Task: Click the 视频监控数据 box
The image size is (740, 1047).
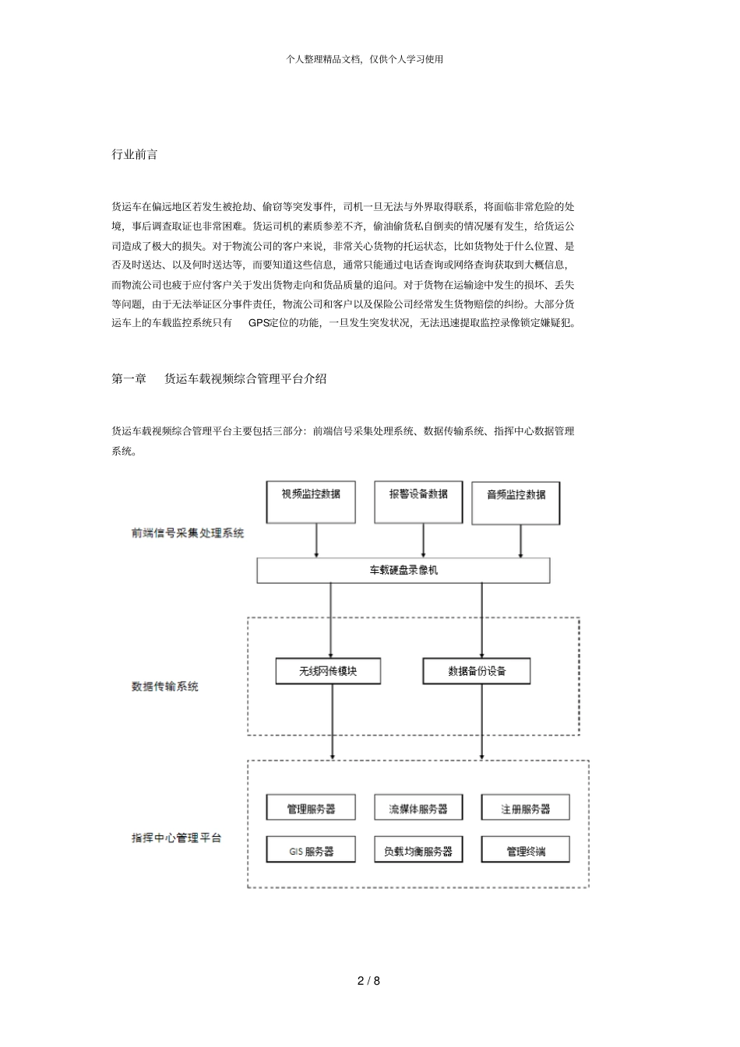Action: (x=311, y=502)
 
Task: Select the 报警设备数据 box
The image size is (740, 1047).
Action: (x=418, y=502)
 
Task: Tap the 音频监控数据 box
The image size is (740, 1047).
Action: (x=516, y=503)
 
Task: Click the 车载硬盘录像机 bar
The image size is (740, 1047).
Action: (x=403, y=571)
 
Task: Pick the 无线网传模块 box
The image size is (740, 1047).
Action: (x=328, y=671)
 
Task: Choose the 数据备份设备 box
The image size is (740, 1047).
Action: (x=476, y=671)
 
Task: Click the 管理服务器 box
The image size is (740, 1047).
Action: (x=311, y=808)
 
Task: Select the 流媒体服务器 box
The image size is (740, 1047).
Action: (x=418, y=808)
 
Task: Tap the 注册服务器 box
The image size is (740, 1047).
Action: (x=525, y=808)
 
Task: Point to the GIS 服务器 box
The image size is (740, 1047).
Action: (x=311, y=850)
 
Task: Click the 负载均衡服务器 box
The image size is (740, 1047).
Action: (x=418, y=850)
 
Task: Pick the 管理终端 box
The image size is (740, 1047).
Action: (x=525, y=850)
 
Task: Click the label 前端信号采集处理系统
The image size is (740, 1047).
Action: (x=188, y=533)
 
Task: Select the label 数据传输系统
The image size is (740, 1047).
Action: (x=164, y=687)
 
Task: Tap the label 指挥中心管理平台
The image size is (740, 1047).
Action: (x=176, y=838)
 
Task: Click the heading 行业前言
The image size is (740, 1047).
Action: (x=135, y=154)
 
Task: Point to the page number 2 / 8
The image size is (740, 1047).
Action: (x=369, y=981)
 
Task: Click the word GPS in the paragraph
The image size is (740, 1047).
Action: (x=259, y=322)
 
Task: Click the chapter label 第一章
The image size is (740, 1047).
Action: (x=129, y=379)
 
